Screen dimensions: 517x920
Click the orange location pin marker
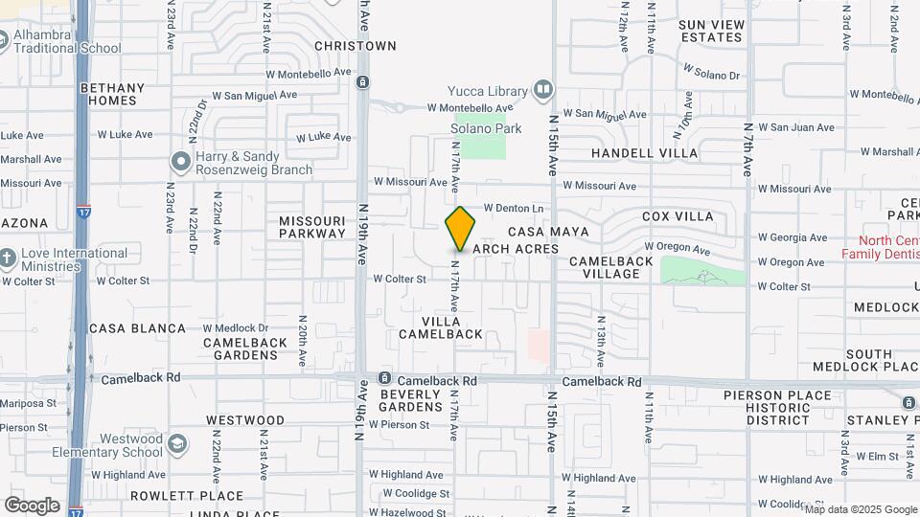[x=461, y=228]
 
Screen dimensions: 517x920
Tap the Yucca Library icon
[x=543, y=91]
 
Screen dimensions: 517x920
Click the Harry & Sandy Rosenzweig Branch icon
[x=179, y=161]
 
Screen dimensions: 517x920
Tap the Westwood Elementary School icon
[x=176, y=445]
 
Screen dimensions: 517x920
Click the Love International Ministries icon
[x=8, y=258]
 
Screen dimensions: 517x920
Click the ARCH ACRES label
[x=516, y=250]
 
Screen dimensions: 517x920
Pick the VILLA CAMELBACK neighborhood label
[x=452, y=326]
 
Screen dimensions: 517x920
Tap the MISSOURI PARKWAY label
[x=311, y=227]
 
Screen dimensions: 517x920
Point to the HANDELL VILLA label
[x=644, y=153]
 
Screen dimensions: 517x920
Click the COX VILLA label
[x=678, y=216]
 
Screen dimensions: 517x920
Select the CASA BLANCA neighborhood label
[x=137, y=328]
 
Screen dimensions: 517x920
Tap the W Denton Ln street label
[x=514, y=208]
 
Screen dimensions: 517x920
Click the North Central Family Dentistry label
[x=880, y=247]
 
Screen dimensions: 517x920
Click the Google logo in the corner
[x=32, y=505]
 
